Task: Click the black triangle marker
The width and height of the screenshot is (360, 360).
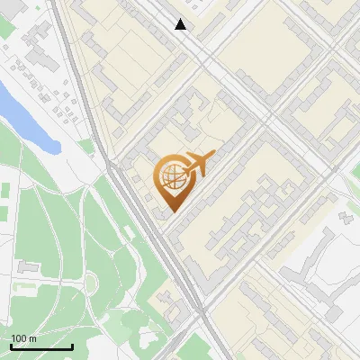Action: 181,24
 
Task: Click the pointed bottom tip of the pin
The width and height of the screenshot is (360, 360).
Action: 171,211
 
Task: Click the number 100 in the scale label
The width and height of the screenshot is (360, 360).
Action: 19,338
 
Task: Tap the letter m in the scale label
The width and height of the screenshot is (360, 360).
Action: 32,338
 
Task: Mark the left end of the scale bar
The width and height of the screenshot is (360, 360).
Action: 11,346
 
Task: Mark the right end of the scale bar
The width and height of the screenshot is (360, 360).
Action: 72,346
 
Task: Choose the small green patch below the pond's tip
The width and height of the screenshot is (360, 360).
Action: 86,145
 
